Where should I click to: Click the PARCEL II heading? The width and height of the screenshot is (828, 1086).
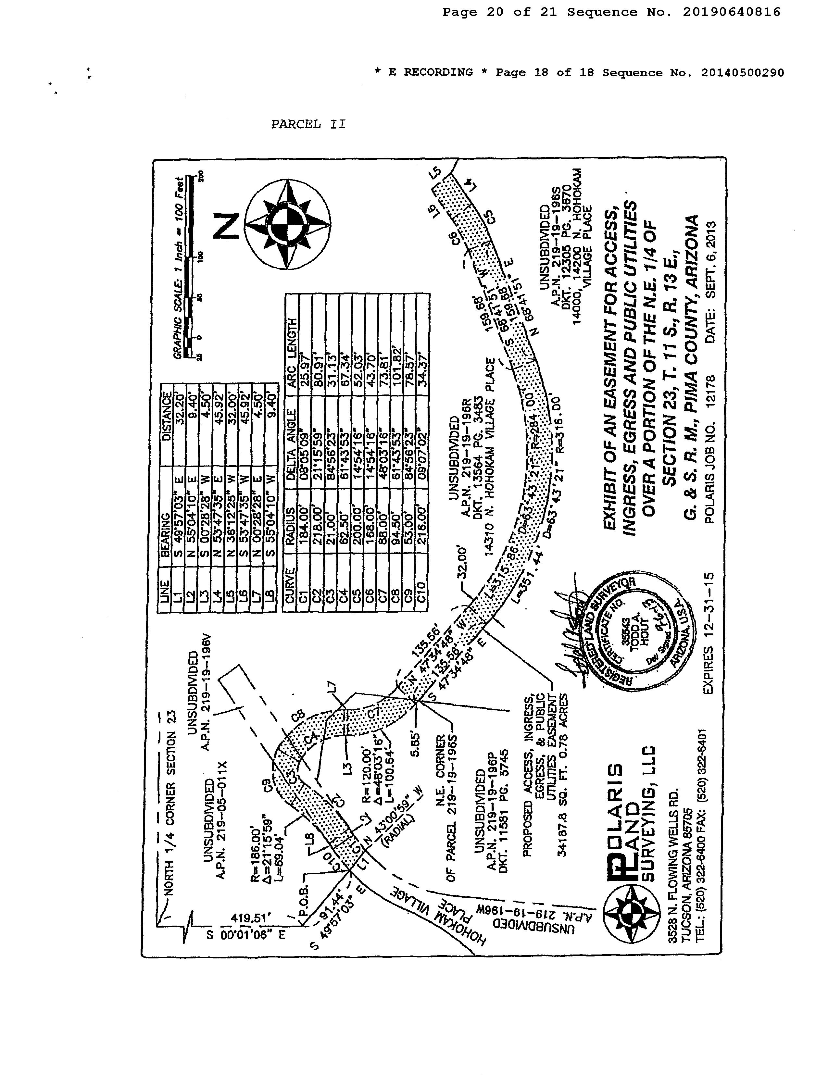pyautogui.click(x=308, y=124)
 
